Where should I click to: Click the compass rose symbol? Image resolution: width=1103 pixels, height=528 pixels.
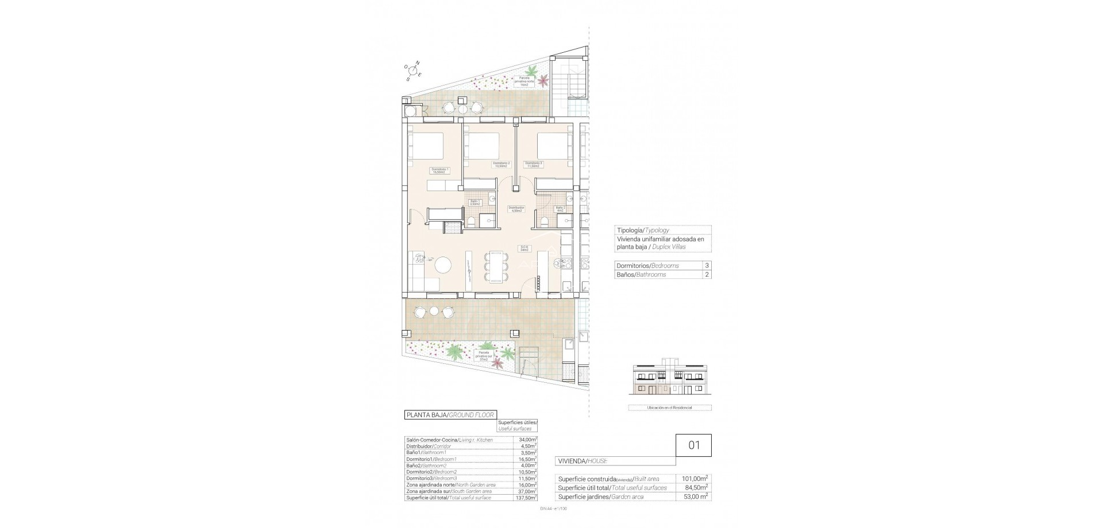point(413,71)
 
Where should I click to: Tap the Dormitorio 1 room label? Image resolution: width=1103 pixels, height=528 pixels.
point(440,170)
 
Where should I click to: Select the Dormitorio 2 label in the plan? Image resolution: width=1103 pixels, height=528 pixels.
point(501,165)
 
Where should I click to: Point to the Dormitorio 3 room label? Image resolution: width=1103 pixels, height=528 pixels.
point(533,165)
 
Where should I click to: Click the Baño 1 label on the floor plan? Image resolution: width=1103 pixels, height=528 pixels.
point(475,203)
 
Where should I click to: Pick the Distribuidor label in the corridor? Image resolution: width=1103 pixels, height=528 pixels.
point(516,209)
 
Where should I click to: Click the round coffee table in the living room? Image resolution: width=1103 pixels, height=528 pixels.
point(443,265)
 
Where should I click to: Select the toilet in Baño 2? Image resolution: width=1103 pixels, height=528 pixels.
point(543,221)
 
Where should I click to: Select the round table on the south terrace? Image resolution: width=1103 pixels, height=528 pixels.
point(434,312)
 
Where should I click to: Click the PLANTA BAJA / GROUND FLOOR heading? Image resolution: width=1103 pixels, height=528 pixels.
point(450,415)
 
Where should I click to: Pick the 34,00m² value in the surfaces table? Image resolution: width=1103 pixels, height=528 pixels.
point(527,440)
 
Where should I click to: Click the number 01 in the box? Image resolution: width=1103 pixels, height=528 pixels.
point(693,445)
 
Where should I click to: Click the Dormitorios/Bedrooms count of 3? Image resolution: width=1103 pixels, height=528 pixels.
point(707,266)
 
